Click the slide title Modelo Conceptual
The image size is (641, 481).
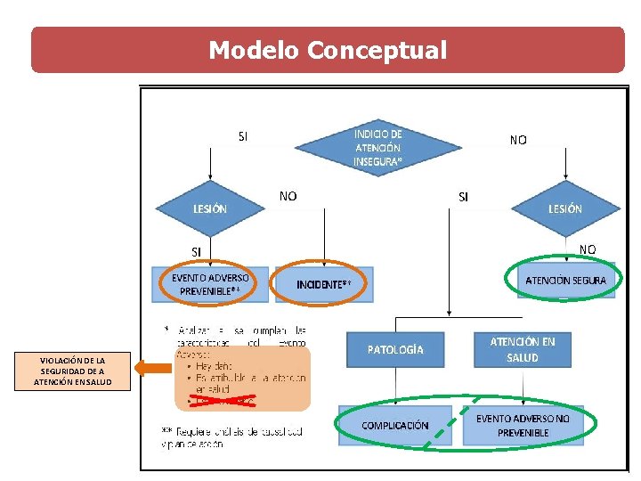point(328,50)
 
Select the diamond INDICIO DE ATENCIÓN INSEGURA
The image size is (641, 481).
point(377,148)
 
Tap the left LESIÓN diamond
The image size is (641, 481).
point(210,208)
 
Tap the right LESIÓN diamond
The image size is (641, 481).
point(565,208)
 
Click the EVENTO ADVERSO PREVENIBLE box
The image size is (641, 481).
point(210,284)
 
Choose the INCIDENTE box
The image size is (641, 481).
point(324,284)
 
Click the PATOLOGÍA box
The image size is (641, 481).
point(395,349)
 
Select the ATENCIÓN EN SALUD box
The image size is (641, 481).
point(523,349)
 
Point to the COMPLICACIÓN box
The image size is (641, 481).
point(395,426)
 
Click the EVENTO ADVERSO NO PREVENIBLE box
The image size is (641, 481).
point(523,426)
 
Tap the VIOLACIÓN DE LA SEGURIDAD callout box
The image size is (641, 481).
point(72,371)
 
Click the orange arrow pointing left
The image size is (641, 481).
point(152,366)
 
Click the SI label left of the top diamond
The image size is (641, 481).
point(243,137)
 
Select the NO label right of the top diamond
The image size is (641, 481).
point(517,140)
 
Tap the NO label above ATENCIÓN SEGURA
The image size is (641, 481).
point(588,249)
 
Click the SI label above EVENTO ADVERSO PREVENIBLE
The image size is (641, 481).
point(196,252)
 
